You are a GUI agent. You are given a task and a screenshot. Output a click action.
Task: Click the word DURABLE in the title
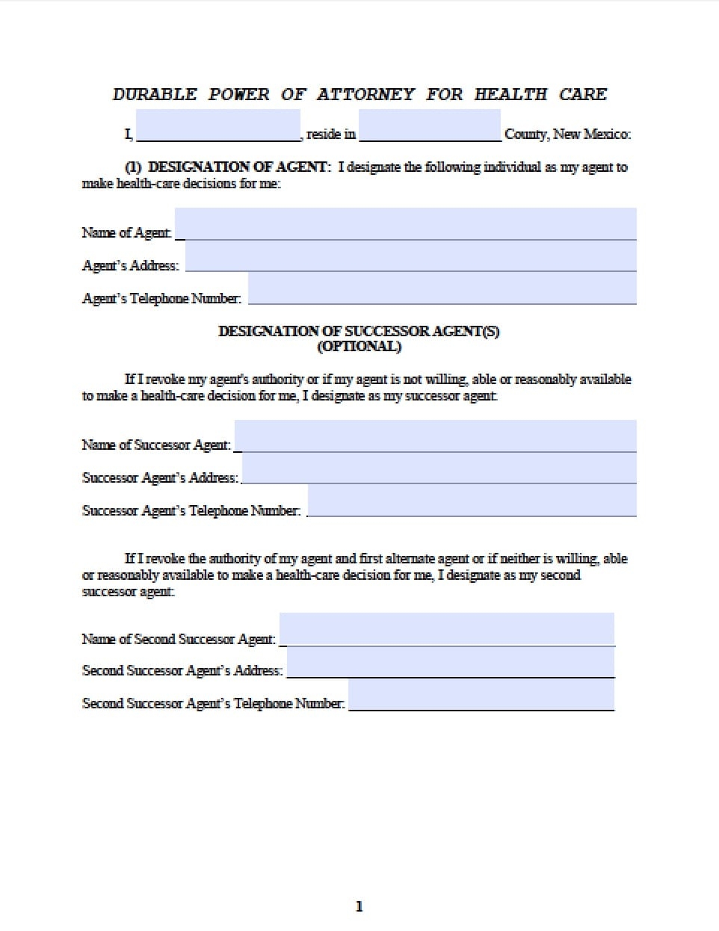pyautogui.click(x=155, y=94)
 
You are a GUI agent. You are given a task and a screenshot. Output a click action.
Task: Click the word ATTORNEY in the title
pyautogui.click(x=365, y=94)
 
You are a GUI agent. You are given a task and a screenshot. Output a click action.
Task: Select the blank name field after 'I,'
pyautogui.click(x=218, y=126)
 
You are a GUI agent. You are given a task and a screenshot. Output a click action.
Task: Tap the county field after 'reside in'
pyautogui.click(x=429, y=126)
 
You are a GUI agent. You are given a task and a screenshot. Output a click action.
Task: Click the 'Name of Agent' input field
pyautogui.click(x=405, y=224)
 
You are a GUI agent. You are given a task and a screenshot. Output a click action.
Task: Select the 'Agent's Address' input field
pyautogui.click(x=410, y=256)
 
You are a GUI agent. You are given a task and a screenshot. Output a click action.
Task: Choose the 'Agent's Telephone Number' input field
pyautogui.click(x=442, y=288)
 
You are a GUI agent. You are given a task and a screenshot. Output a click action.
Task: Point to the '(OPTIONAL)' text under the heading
pyautogui.click(x=359, y=347)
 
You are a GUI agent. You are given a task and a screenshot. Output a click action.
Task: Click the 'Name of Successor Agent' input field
pyautogui.click(x=435, y=436)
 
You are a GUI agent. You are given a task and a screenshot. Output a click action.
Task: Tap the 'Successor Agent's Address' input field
pyautogui.click(x=439, y=468)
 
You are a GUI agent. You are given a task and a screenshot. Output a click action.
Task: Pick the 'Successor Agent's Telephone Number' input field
pyautogui.click(x=472, y=501)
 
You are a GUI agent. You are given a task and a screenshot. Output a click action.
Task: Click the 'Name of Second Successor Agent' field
pyautogui.click(x=447, y=629)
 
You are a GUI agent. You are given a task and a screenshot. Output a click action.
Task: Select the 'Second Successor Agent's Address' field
pyautogui.click(x=451, y=662)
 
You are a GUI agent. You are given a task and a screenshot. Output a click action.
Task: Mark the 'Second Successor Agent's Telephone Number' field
pyautogui.click(x=481, y=695)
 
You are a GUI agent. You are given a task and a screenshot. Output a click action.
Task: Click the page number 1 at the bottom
pyautogui.click(x=359, y=906)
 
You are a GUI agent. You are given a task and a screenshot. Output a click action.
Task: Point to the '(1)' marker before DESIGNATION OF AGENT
pyautogui.click(x=133, y=167)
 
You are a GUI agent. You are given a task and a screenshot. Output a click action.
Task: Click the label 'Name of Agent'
pyautogui.click(x=126, y=232)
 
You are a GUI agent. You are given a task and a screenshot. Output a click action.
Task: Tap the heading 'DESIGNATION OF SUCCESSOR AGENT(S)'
pyautogui.click(x=359, y=331)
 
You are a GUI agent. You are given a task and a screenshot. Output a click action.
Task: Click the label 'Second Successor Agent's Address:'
pyautogui.click(x=182, y=670)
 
